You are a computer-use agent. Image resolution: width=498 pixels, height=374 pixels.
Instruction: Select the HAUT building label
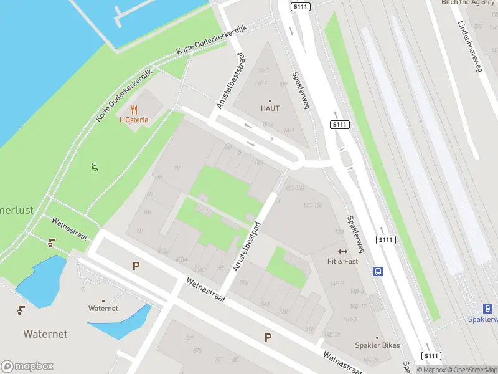tap(270, 108)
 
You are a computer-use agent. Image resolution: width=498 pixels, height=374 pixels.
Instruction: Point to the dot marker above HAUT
tap(270, 100)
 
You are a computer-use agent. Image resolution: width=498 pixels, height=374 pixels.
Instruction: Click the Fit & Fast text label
tap(343, 261)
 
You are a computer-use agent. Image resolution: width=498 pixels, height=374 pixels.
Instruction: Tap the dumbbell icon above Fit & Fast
tap(342, 252)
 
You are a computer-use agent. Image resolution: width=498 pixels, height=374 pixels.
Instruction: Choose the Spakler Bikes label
tap(377, 346)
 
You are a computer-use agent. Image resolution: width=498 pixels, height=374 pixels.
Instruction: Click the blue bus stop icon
tap(378, 271)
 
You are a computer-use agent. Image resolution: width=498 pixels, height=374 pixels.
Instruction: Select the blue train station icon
tap(487, 309)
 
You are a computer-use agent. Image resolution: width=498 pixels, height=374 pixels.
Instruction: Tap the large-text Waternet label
tap(45, 334)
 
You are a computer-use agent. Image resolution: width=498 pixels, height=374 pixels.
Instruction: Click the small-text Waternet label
tap(103, 309)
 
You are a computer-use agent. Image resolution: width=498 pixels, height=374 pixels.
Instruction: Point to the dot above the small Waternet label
tap(103, 300)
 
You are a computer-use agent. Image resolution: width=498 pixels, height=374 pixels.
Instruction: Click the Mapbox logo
tap(27, 366)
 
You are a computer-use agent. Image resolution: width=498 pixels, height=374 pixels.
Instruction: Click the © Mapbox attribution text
tap(431, 370)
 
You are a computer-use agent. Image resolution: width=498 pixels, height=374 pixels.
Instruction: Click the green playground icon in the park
tap(95, 166)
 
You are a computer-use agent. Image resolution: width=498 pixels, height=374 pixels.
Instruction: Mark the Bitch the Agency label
tap(467, 2)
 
